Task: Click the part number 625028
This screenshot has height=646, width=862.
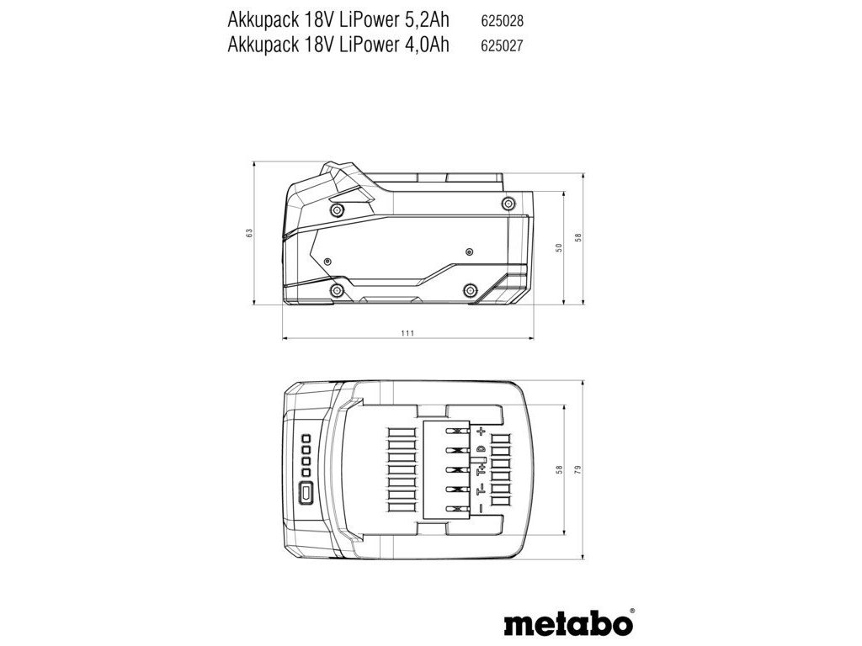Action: (503, 18)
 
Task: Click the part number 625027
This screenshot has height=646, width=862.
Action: (503, 47)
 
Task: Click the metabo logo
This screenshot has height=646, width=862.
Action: (569, 626)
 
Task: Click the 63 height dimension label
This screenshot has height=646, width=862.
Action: (249, 233)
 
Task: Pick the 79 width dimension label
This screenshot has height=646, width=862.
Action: (578, 472)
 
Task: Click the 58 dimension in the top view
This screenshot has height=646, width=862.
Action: (559, 472)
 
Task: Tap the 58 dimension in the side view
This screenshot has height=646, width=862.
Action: (578, 238)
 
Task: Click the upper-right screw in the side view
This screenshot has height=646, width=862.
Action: (508, 204)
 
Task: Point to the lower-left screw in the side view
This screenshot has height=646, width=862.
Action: (337, 291)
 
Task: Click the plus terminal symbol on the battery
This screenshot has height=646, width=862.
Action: (482, 431)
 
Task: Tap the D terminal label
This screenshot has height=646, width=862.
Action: (481, 450)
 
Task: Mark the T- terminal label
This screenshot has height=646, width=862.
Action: (481, 488)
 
